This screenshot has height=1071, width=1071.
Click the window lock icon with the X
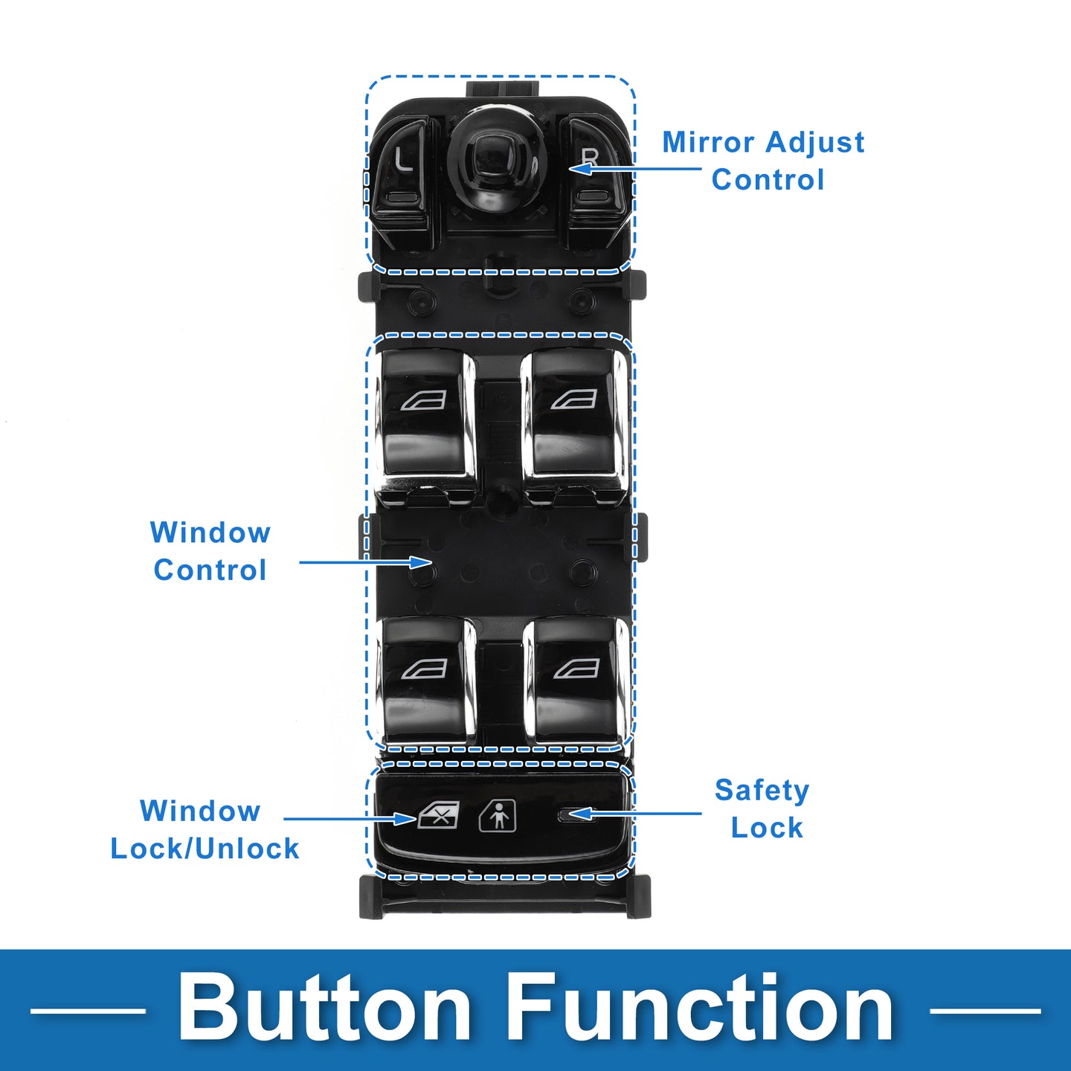click(439, 816)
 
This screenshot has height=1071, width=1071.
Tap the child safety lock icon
click(498, 816)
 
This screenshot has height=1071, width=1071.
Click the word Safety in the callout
click(762, 791)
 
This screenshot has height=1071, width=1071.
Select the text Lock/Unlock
click(205, 849)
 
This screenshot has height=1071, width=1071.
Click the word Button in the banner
click(324, 1009)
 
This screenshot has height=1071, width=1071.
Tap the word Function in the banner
click(701, 1009)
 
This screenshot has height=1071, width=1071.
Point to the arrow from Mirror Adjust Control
click(636, 169)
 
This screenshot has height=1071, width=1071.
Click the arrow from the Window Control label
click(364, 562)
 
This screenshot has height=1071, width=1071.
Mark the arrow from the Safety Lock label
click(636, 814)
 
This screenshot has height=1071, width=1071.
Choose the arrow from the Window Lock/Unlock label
click(350, 819)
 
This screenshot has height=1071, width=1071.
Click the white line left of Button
click(88, 1011)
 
